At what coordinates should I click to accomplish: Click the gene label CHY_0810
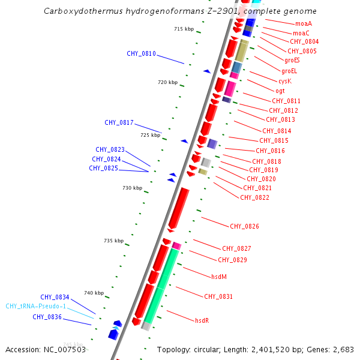tap(141, 54)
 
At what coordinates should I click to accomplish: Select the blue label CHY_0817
tap(119, 122)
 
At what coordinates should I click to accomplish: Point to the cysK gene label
tap(284, 81)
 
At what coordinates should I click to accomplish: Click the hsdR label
tap(202, 321)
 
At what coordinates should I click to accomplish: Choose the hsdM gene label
tap(218, 277)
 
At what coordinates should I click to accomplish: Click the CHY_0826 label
tap(244, 226)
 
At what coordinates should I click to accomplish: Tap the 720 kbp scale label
tap(167, 82)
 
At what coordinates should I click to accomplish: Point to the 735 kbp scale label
tap(113, 241)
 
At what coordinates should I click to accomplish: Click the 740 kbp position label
tap(94, 293)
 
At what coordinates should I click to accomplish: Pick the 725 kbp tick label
tap(150, 135)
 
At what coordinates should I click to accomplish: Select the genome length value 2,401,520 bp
tap(284, 349)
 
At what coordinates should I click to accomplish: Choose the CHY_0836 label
tap(47, 317)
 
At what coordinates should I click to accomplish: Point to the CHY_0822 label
tap(254, 197)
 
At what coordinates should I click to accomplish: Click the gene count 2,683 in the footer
tap(343, 349)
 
